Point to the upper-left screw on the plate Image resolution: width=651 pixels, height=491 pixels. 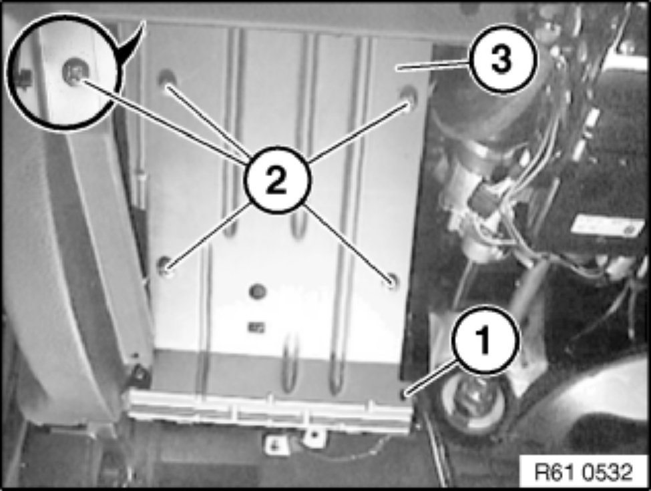167,79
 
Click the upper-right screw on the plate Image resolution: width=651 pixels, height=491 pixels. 409,95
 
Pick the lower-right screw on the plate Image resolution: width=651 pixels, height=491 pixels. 391,281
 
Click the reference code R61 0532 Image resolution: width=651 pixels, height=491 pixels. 584,472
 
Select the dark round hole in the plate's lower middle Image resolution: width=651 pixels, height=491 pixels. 258,292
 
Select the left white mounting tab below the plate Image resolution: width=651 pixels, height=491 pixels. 275,444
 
